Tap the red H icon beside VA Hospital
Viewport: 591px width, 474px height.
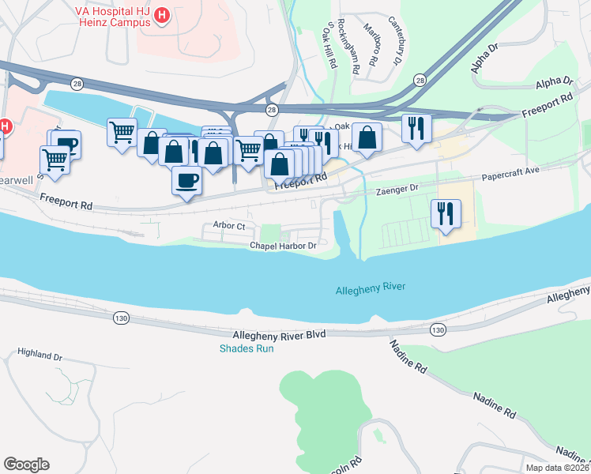pyautogui.click(x=162, y=15)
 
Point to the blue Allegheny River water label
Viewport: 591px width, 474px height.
pyautogui.click(x=370, y=288)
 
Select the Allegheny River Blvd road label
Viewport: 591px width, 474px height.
pyautogui.click(x=290, y=335)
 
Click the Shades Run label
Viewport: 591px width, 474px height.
pyautogui.click(x=247, y=348)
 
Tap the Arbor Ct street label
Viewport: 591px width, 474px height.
pyautogui.click(x=230, y=226)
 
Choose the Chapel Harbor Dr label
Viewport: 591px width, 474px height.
pyautogui.click(x=283, y=246)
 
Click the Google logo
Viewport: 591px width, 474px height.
pyautogui.click(x=26, y=465)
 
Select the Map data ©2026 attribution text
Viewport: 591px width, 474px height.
pyautogui.click(x=557, y=468)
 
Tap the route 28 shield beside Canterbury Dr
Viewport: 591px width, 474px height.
pyautogui.click(x=420, y=81)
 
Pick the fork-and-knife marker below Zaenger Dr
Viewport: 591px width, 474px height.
pyautogui.click(x=446, y=213)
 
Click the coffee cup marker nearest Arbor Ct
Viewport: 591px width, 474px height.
pyautogui.click(x=186, y=179)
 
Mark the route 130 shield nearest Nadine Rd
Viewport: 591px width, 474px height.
pyautogui.click(x=437, y=329)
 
